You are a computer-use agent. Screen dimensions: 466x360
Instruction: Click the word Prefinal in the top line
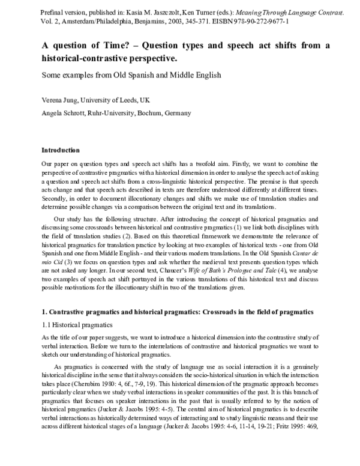[x=52, y=13]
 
